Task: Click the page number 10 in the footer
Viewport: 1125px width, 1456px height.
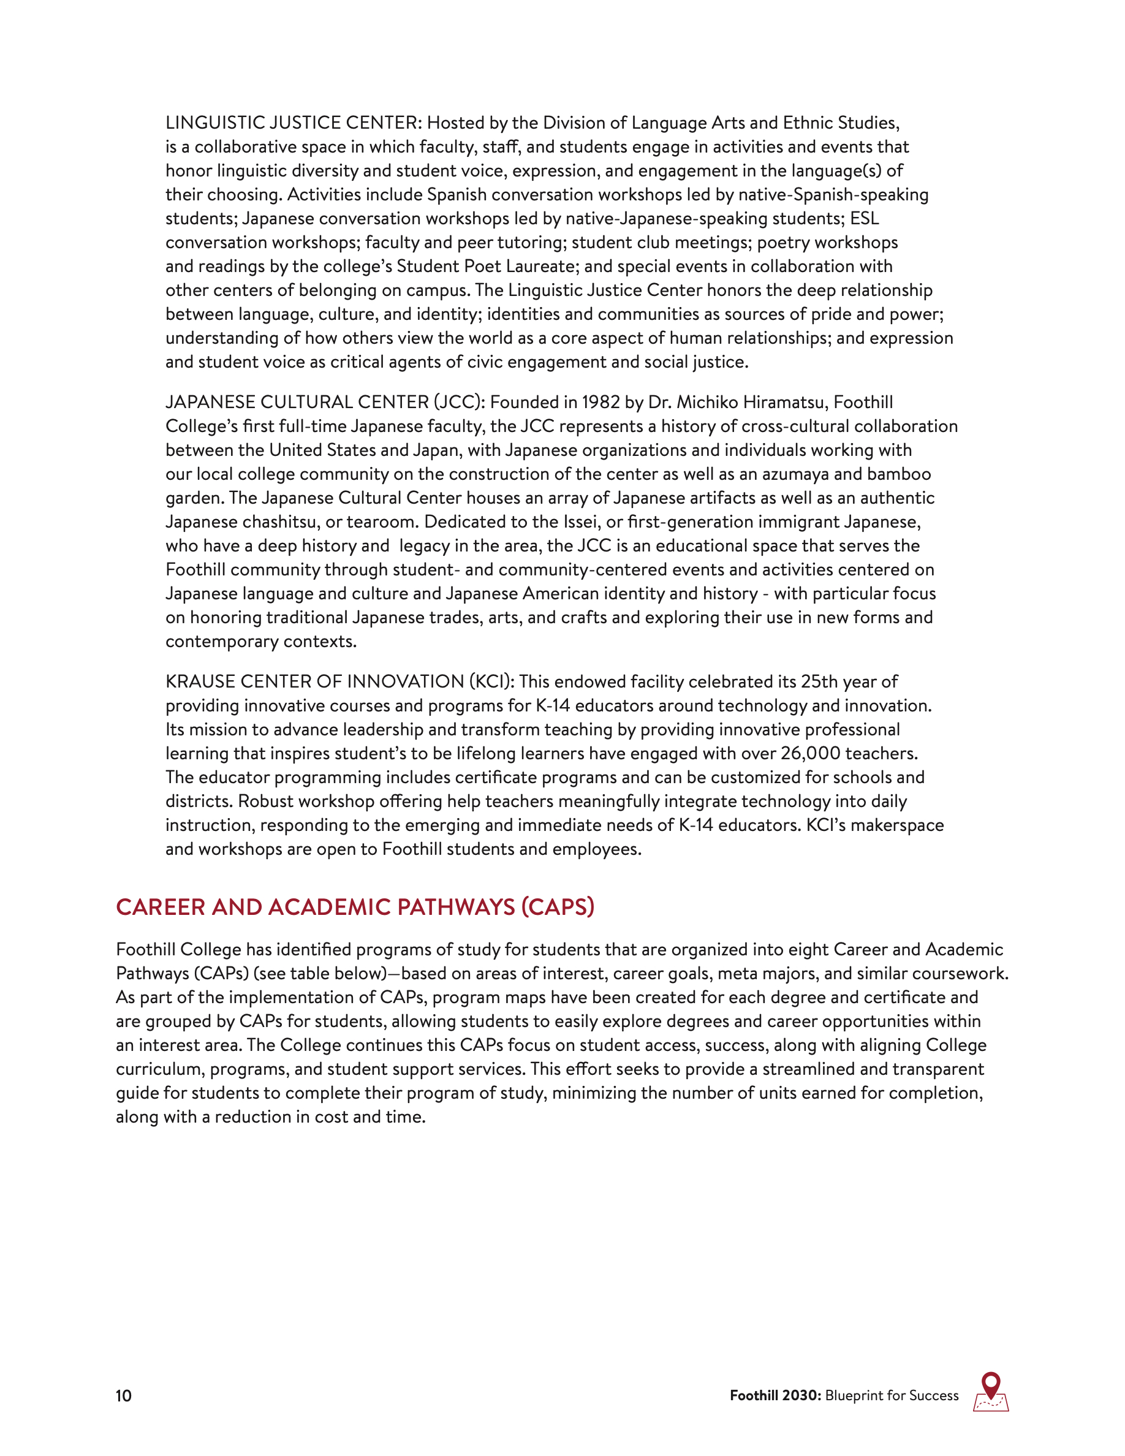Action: tap(124, 1395)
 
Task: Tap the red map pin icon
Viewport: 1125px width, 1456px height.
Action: tap(991, 1386)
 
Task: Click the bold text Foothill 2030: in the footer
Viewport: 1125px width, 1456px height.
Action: tap(775, 1395)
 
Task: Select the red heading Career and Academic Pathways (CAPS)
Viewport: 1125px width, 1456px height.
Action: tap(355, 908)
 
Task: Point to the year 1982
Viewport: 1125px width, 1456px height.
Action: tap(600, 403)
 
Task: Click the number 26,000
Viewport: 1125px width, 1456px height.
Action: tap(811, 753)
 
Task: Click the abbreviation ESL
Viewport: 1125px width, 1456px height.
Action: tap(865, 219)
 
